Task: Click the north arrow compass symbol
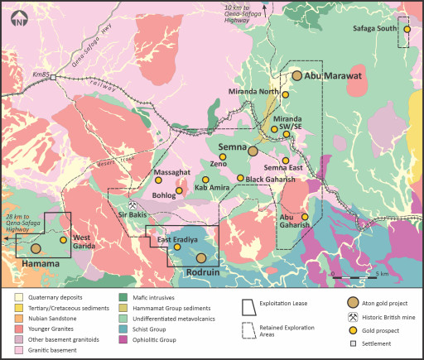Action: (19, 19)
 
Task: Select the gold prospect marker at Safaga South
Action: (407, 30)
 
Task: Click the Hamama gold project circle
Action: (36, 248)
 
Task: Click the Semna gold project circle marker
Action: (253, 151)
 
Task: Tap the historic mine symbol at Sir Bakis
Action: (132, 204)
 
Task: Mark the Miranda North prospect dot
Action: (285, 95)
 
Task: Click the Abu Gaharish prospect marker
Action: (305, 218)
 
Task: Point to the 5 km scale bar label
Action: (383, 273)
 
